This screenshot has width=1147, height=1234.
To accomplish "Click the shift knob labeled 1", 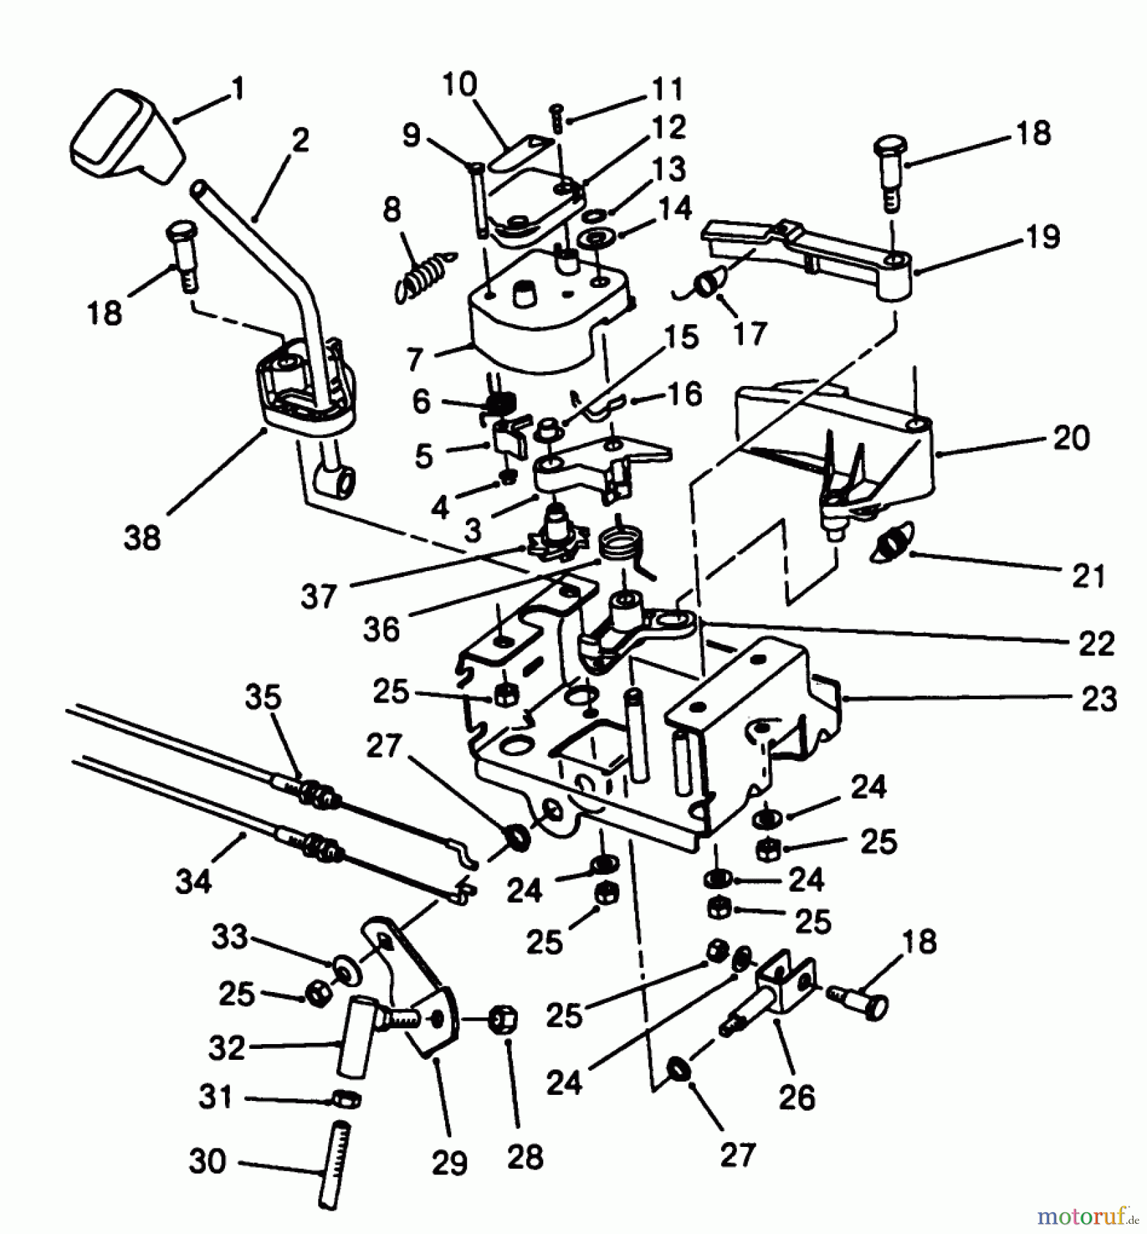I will (127, 137).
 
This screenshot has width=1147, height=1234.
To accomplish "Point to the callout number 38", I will (142, 538).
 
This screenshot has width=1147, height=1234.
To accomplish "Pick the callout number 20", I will (1071, 438).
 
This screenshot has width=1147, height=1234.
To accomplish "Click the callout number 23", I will (1098, 700).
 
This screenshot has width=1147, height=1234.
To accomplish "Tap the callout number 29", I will (449, 1163).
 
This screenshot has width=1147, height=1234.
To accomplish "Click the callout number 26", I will (796, 1098).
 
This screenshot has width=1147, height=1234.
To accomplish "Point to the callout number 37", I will (318, 596).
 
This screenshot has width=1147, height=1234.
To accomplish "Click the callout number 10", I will (459, 85).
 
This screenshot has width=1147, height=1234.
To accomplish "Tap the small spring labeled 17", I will (707, 283).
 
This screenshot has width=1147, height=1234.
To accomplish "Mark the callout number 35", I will (263, 697).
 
